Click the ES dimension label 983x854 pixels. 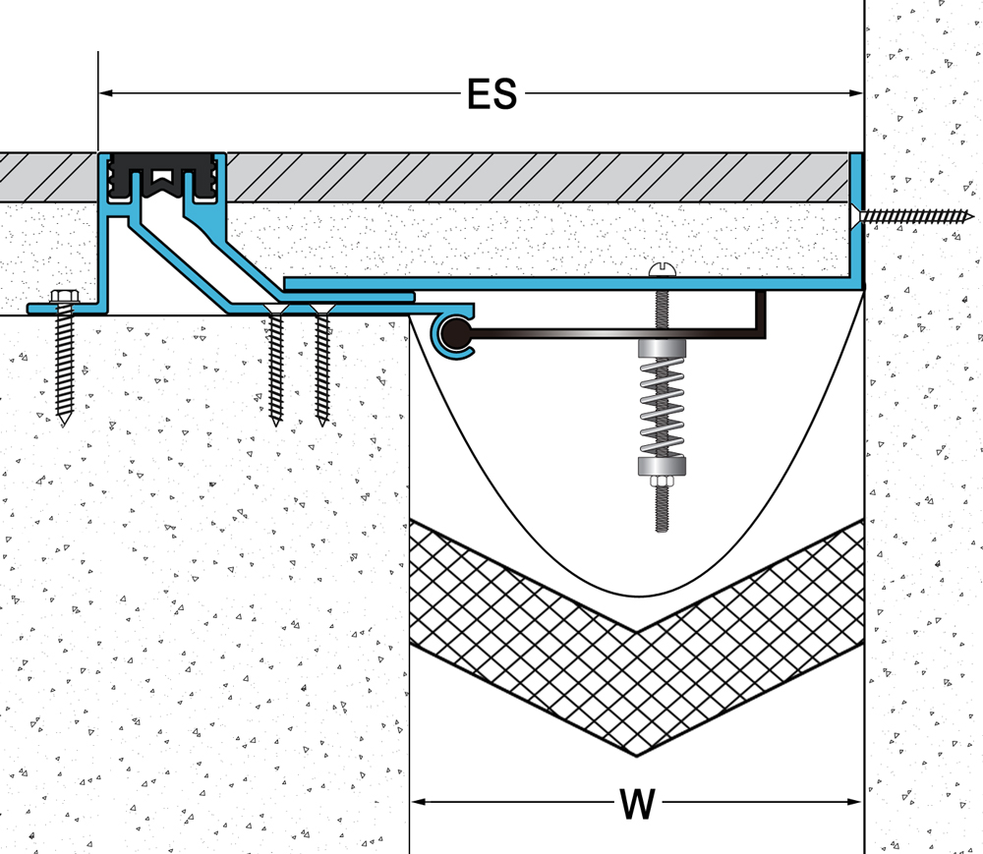[x=491, y=95]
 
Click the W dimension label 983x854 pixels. [x=637, y=804]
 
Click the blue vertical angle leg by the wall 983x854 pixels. [x=856, y=216]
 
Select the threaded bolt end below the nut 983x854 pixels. [x=662, y=511]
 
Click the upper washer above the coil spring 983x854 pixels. [x=662, y=349]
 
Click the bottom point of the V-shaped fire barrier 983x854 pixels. [x=637, y=754]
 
